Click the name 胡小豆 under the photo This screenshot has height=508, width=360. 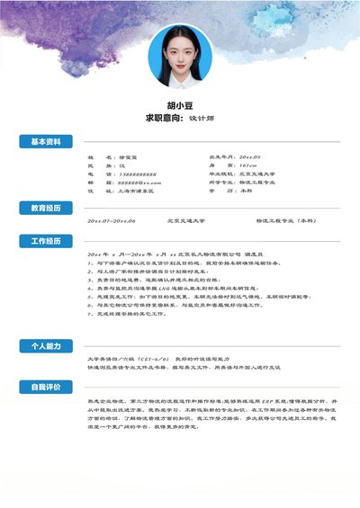point(180,103)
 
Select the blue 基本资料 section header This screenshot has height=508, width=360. point(46,142)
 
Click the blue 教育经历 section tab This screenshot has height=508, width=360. point(46,208)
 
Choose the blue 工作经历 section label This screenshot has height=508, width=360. point(46,242)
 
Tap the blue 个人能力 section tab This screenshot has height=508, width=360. point(46,345)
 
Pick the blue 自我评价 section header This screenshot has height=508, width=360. point(46,387)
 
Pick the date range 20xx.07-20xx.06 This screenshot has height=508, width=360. point(112,220)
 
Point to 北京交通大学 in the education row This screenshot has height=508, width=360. point(186,220)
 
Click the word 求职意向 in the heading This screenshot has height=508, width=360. point(164,117)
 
